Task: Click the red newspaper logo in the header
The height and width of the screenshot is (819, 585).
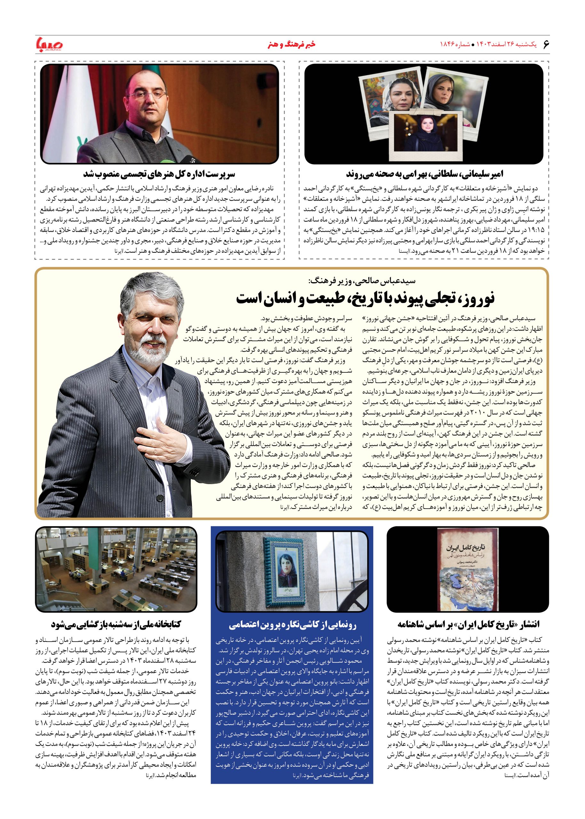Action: click(x=50, y=44)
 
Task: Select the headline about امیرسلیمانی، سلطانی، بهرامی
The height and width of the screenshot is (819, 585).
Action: click(x=425, y=174)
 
